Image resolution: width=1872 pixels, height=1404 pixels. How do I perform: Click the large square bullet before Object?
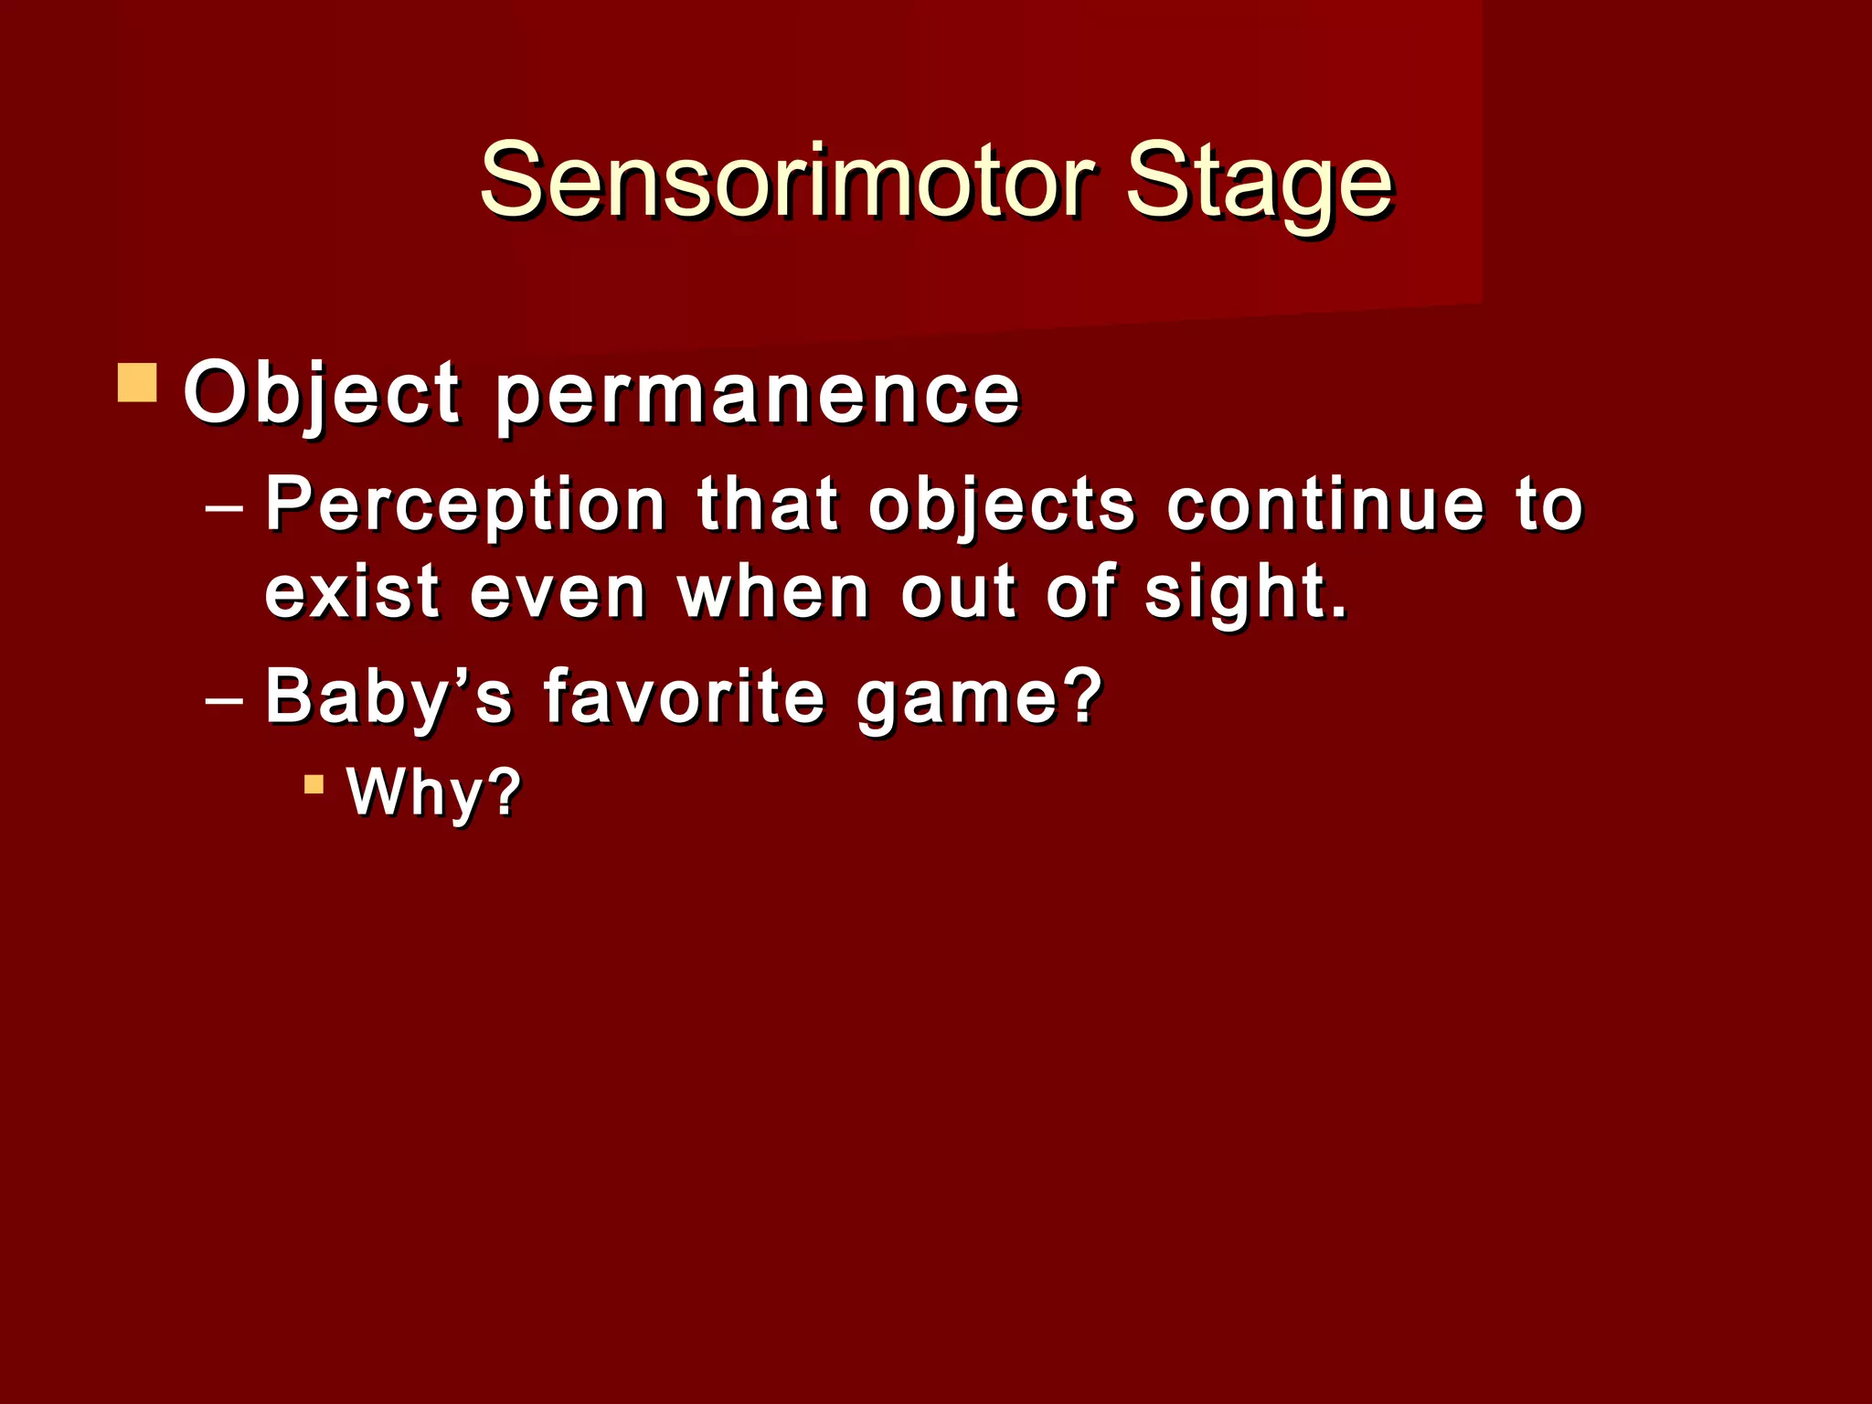click(137, 383)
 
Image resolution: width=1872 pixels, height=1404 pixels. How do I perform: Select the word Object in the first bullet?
click(321, 395)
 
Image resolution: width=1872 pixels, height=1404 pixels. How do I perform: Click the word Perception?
click(464, 505)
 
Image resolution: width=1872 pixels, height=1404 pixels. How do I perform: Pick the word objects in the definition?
click(1001, 505)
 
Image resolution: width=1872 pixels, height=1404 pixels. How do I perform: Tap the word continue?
click(1325, 505)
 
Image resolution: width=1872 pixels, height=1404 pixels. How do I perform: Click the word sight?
click(1234, 594)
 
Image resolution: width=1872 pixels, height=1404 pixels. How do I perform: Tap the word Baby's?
click(388, 697)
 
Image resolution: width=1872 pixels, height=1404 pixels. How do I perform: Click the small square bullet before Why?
click(314, 784)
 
